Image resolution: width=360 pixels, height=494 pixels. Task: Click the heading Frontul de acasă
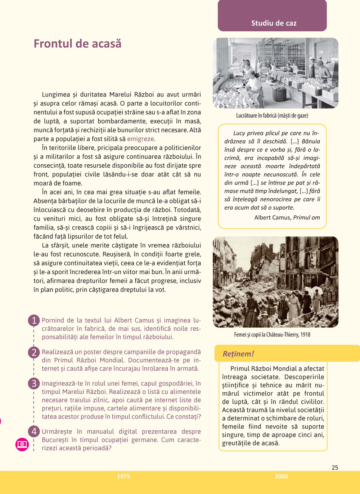(x=77, y=44)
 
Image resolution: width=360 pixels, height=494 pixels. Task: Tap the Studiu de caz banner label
(x=274, y=23)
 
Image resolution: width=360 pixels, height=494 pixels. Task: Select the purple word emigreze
(x=140, y=139)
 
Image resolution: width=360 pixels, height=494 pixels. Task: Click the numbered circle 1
(x=34, y=320)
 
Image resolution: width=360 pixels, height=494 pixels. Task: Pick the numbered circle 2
(x=34, y=352)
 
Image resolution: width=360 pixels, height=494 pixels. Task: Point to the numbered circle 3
(x=34, y=384)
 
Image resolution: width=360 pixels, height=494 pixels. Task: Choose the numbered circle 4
(x=34, y=431)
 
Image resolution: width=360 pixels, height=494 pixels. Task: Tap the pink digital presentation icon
(x=22, y=444)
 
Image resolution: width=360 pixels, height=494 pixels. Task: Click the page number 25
(x=335, y=467)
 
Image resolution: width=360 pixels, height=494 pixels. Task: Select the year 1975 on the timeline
(x=123, y=476)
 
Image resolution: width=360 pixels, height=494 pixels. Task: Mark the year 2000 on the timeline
(x=281, y=476)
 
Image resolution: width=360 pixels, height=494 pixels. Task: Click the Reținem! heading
(x=238, y=354)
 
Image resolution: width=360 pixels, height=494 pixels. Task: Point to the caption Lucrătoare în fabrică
(x=272, y=115)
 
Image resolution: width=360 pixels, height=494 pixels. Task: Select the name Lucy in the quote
(x=239, y=133)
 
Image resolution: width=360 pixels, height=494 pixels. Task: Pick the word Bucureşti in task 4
(x=55, y=440)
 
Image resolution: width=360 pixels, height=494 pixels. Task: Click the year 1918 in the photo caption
(x=305, y=335)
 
